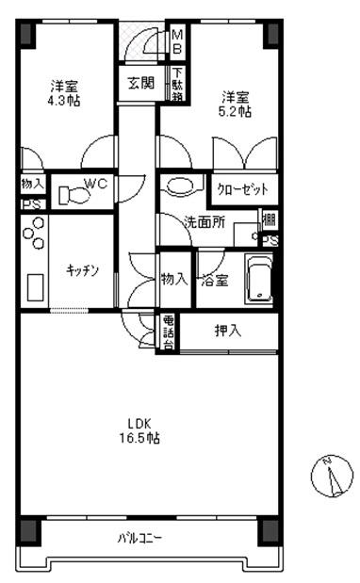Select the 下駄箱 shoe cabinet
coord(176,85)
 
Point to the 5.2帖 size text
coord(237,110)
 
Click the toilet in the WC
coord(72,194)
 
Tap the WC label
coord(96,184)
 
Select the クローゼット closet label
coord(243,189)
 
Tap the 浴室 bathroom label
coord(216,280)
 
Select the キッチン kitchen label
coord(83,270)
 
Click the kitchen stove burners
coord(35,233)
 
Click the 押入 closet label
coord(227,331)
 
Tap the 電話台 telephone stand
coord(169,332)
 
